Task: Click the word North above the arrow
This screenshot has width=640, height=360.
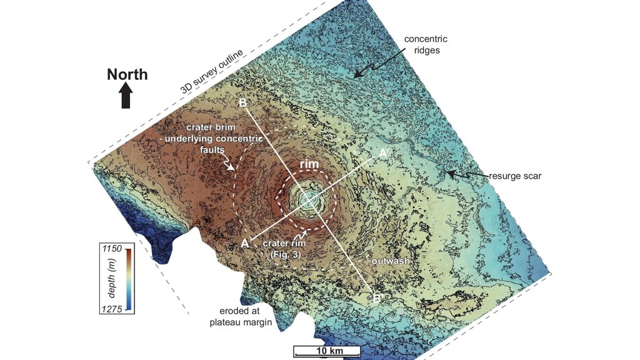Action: (x=127, y=74)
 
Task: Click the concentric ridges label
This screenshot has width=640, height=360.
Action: (x=426, y=44)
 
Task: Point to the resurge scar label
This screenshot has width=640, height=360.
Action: (x=514, y=176)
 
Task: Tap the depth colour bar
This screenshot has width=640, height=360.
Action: (x=127, y=279)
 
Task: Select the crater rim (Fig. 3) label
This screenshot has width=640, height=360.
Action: (x=284, y=248)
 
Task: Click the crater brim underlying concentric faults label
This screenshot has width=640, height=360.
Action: (x=223, y=139)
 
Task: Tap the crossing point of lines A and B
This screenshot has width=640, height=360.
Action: (x=309, y=199)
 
